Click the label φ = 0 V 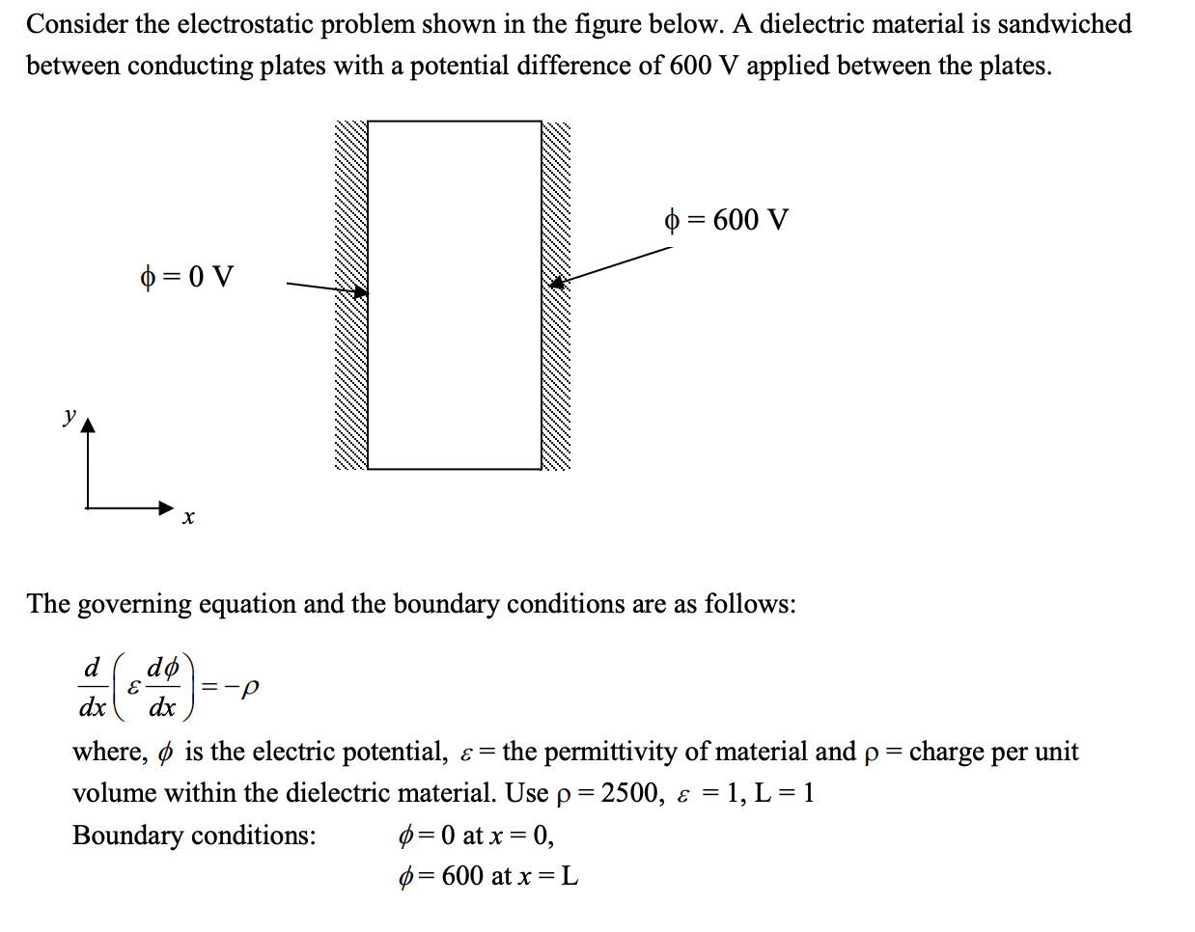pyautogui.click(x=187, y=278)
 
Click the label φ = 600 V pyautogui.click(x=727, y=221)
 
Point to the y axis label pyautogui.click(x=69, y=416)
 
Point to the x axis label pyautogui.click(x=188, y=518)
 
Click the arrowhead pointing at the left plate pyautogui.click(x=360, y=291)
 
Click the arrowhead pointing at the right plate pyautogui.click(x=556, y=283)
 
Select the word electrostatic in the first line pyautogui.click(x=245, y=24)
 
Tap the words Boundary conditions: pyautogui.click(x=194, y=836)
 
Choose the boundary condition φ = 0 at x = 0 pyautogui.click(x=477, y=836)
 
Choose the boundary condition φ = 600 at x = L pyautogui.click(x=488, y=877)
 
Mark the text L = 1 pyautogui.click(x=784, y=793)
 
